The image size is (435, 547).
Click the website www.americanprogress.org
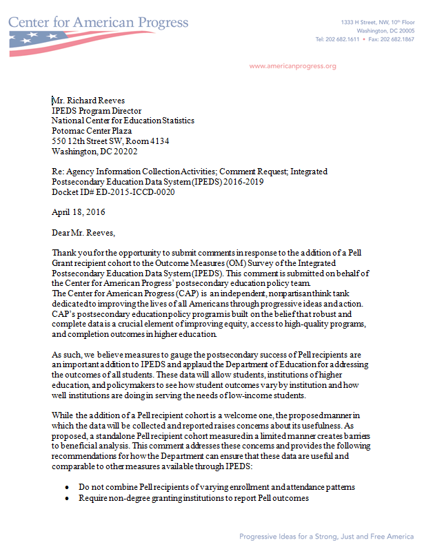coord(292,66)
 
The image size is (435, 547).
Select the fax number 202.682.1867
coord(398,39)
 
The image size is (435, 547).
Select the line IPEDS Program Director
coord(97,111)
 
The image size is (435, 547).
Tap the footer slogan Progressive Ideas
coord(326,536)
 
